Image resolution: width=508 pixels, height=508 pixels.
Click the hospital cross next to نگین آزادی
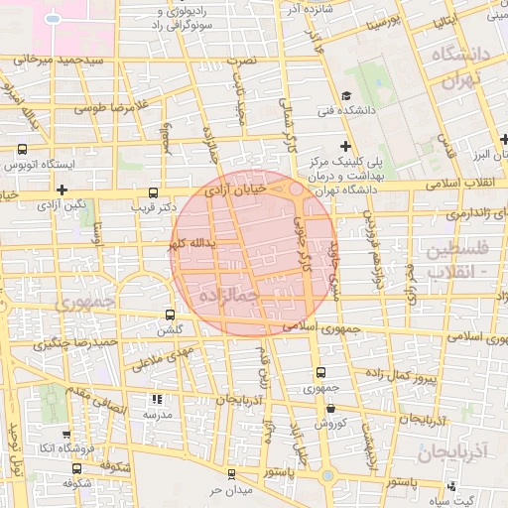[62, 189]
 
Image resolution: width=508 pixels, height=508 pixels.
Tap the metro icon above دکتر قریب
[152, 192]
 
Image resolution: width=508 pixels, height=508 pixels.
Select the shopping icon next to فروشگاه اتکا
[65, 434]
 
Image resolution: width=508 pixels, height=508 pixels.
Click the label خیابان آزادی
[236, 187]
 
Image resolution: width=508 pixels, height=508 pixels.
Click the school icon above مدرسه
[156, 398]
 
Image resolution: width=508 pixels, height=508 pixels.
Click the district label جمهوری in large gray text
[84, 300]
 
